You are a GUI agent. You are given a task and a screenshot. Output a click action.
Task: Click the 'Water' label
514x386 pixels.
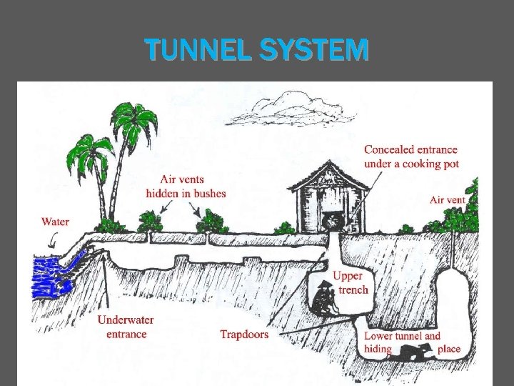pyautogui.click(x=55, y=222)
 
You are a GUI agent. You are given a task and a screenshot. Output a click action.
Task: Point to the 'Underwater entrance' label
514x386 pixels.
pyautogui.click(x=126, y=327)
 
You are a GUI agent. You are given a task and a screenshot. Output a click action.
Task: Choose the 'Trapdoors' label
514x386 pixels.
pyautogui.click(x=244, y=334)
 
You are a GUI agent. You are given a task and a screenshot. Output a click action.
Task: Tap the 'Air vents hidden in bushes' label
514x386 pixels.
pyautogui.click(x=186, y=187)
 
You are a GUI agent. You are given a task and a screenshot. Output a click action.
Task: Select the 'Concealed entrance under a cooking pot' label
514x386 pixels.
pyautogui.click(x=411, y=157)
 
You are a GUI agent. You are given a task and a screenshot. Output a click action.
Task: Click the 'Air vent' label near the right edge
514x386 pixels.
pyautogui.click(x=448, y=200)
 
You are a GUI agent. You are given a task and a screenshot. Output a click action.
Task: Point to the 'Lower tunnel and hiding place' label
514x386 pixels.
pyautogui.click(x=412, y=342)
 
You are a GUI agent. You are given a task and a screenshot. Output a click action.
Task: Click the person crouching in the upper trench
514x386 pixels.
pyautogui.click(x=325, y=298)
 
